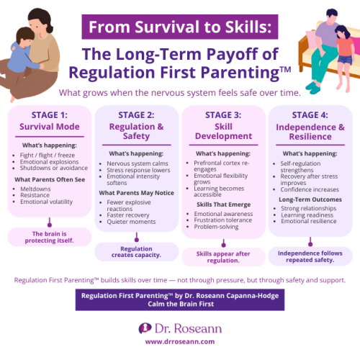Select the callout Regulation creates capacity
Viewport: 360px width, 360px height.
[x=136, y=251]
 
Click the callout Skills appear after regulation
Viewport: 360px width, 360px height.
[x=223, y=256]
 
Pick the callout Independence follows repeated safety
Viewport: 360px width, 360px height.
[x=310, y=256]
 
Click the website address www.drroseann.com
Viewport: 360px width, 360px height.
[x=180, y=341]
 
